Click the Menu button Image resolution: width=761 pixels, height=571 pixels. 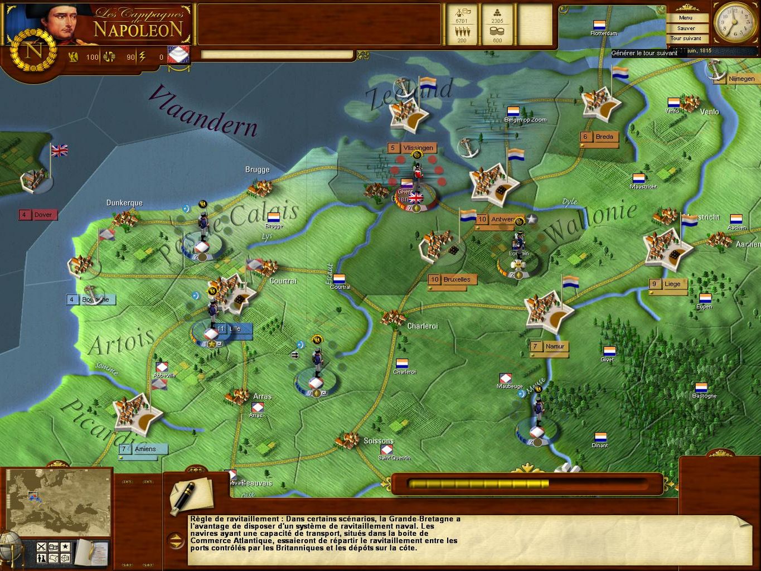point(686,18)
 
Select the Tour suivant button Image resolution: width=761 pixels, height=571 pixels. point(686,38)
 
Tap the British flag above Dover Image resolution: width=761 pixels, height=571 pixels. point(59,150)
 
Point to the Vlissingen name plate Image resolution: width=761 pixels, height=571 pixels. point(413,148)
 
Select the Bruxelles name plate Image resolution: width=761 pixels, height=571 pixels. point(452,280)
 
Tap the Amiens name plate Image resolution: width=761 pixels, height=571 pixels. point(140,449)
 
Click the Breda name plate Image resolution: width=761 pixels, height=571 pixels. point(599,137)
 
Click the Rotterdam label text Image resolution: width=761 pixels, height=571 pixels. point(604,33)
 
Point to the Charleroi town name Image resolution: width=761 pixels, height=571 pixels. point(422,326)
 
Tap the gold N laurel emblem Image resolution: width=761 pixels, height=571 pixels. point(33,50)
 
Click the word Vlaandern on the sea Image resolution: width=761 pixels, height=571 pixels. point(204,112)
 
